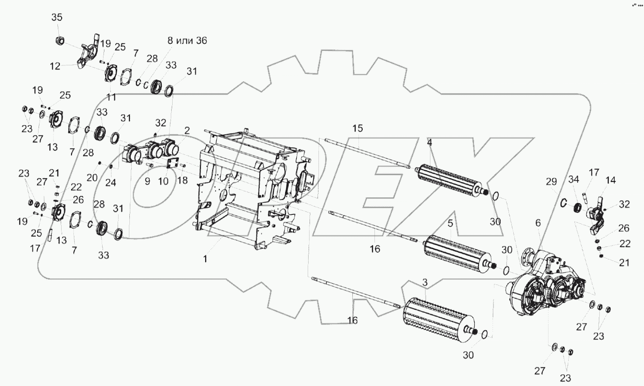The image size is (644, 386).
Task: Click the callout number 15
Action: (358, 128)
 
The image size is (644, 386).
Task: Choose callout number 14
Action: (611, 180)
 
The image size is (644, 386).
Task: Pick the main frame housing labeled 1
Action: (249, 188)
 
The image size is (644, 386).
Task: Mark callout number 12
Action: (55, 66)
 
